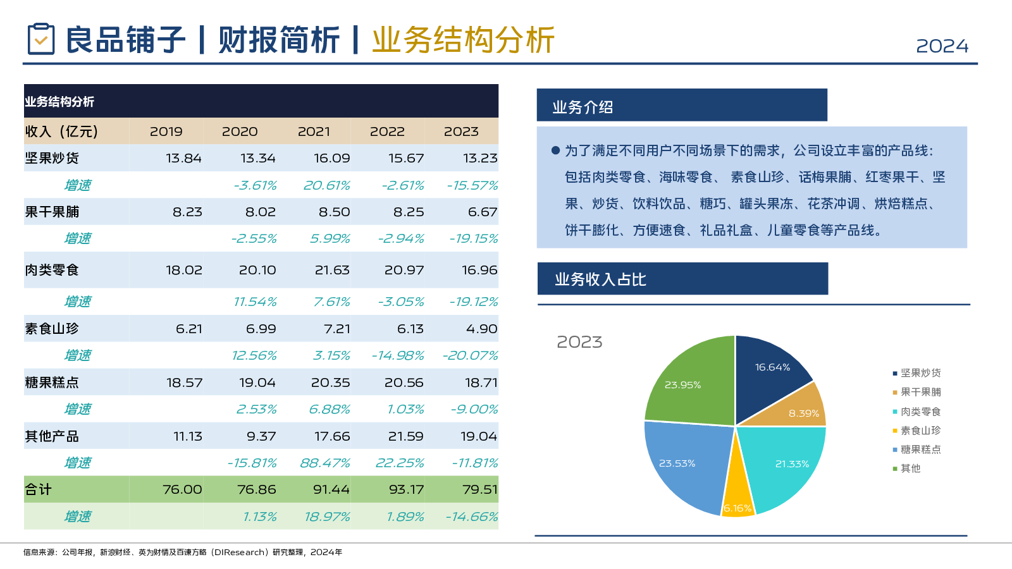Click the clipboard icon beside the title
tap(41, 39)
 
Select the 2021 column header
tap(314, 132)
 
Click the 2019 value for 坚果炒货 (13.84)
tap(183, 158)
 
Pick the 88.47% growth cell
tap(324, 463)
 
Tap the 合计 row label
tap(39, 489)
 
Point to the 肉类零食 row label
tap(52, 270)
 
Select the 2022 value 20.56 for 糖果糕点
tap(404, 382)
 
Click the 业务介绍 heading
tap(583, 107)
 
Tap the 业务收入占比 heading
tap(600, 279)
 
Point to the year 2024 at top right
tap(942, 46)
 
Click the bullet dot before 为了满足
tap(555, 150)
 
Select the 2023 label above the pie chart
tap(579, 342)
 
